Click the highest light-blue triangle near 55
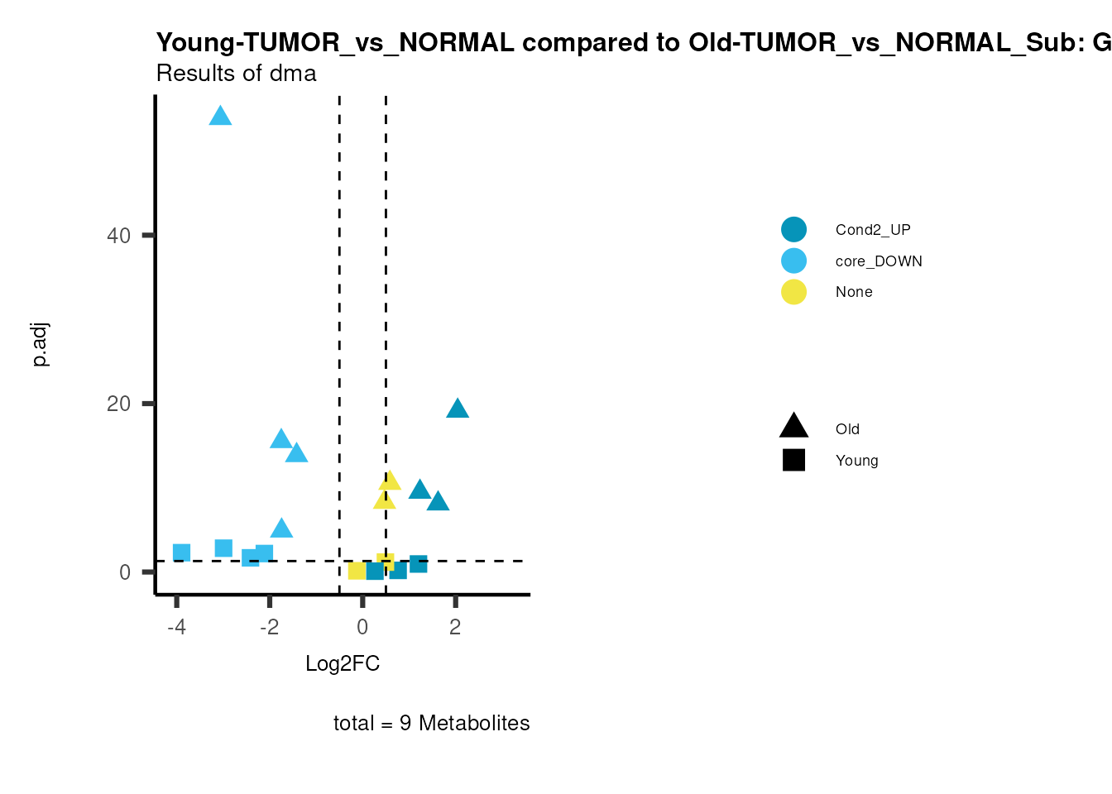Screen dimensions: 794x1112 point(220,116)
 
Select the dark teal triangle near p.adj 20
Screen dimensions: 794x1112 point(458,409)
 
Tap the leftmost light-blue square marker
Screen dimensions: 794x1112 point(182,552)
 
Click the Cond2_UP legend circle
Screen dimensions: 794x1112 point(793,230)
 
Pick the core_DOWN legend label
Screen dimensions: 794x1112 point(878,261)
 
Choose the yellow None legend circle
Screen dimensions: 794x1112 point(793,292)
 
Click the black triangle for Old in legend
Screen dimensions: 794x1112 point(793,427)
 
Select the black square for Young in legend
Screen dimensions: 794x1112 point(793,461)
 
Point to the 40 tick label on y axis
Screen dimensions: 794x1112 point(119,236)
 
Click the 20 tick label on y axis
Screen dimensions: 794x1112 point(119,404)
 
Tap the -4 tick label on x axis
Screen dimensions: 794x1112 point(176,627)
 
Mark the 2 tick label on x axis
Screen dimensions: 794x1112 point(455,627)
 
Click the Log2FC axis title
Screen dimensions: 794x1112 point(343,663)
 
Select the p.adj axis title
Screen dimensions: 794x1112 point(41,345)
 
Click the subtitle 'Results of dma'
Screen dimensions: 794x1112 point(236,74)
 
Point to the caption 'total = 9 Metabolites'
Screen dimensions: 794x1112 point(431,723)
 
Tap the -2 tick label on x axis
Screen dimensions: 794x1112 point(270,627)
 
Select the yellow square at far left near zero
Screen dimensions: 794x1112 point(357,571)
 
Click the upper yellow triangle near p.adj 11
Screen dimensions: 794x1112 point(390,481)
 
